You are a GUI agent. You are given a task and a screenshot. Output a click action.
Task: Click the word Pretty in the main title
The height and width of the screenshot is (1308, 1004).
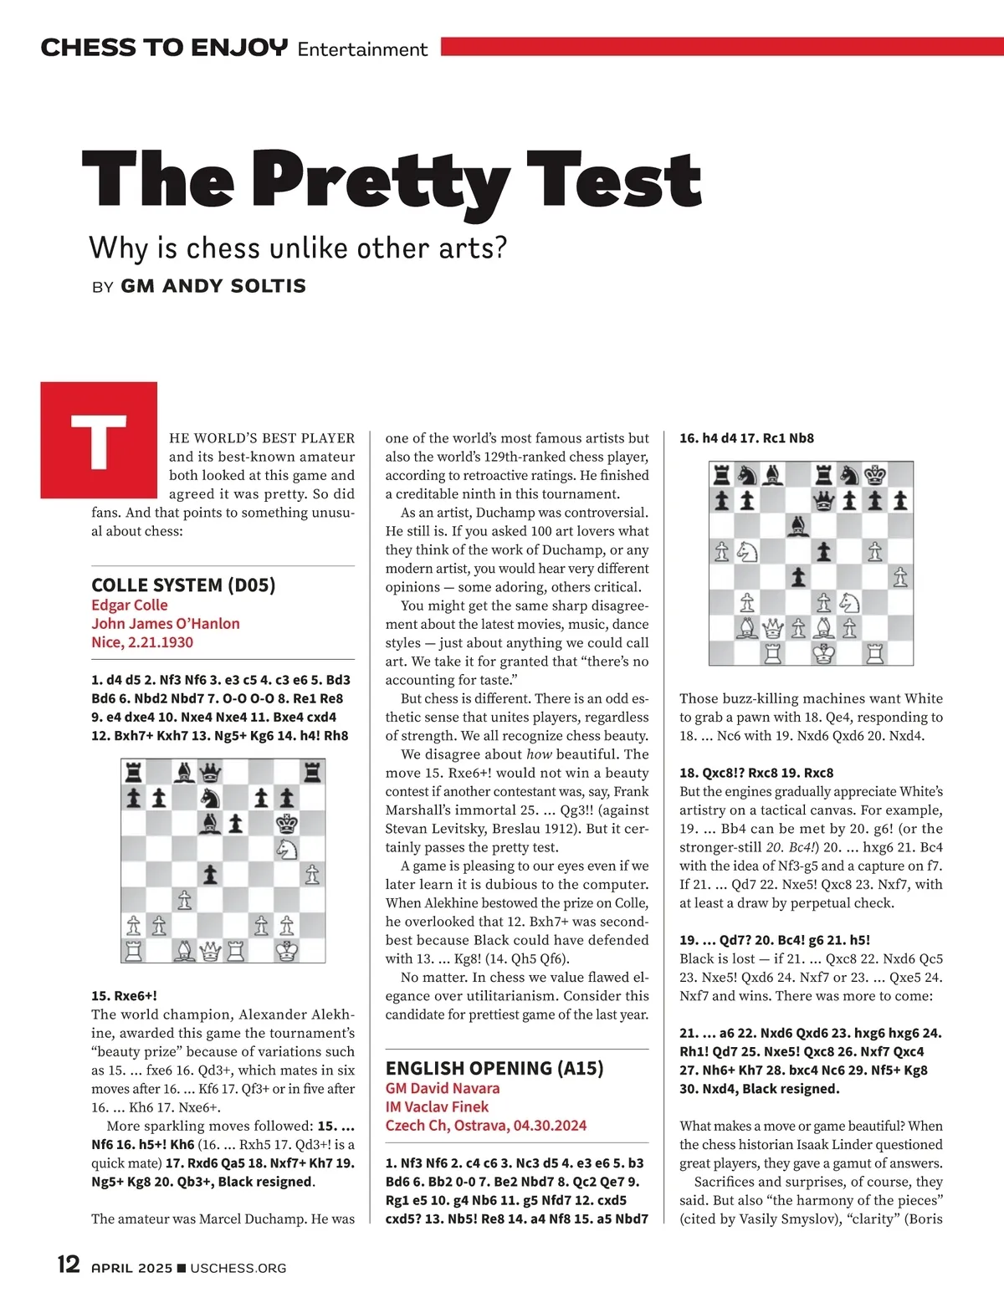coord(381,180)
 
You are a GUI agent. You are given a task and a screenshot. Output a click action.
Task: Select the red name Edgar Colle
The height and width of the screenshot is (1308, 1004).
coord(130,605)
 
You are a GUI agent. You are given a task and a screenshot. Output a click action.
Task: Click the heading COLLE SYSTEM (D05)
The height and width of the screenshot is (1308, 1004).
coord(183,585)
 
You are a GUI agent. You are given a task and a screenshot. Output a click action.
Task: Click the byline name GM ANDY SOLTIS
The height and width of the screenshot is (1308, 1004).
coord(213,286)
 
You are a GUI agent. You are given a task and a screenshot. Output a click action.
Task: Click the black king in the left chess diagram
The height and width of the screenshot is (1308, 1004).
coord(287,824)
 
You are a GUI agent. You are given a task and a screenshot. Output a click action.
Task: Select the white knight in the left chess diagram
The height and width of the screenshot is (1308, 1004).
coord(287,849)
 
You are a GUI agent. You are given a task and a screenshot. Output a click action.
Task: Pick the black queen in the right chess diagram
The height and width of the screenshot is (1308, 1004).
coord(824,501)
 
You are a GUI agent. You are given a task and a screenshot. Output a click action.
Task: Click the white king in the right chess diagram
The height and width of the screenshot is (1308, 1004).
coord(824,653)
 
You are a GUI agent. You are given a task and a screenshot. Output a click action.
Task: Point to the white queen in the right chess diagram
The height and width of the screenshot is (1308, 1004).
coord(773,628)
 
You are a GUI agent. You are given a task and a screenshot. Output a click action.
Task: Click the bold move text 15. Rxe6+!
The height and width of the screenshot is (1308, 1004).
coord(125,995)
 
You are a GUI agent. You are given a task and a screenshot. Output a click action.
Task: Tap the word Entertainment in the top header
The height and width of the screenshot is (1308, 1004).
coord(362,49)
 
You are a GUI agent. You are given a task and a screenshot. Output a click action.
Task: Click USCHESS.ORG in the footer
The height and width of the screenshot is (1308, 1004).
coord(238,1268)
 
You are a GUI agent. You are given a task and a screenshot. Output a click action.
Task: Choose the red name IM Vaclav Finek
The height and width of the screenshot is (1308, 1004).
coord(437,1106)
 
